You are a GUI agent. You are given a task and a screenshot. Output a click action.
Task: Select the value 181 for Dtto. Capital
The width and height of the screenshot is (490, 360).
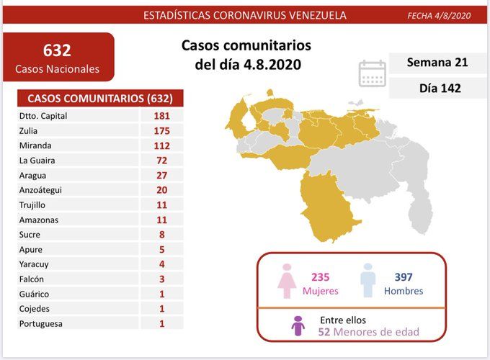point(161,115)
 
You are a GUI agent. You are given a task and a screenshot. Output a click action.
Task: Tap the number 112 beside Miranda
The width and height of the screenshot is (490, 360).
point(161,145)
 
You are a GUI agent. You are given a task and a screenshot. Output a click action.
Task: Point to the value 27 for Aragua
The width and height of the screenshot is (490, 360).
point(161,175)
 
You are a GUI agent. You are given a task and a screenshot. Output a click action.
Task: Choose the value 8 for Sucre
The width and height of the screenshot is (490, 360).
point(161,235)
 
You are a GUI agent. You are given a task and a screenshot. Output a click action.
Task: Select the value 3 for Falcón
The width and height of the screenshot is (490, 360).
point(161,279)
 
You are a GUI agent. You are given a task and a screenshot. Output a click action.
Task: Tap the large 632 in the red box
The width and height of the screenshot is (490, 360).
point(58,50)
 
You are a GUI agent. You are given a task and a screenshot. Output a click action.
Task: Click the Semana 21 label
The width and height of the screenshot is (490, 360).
point(437,63)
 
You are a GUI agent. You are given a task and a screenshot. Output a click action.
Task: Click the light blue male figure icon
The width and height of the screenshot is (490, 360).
point(368,280)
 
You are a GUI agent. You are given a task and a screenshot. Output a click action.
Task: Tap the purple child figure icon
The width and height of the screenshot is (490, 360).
point(298,326)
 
